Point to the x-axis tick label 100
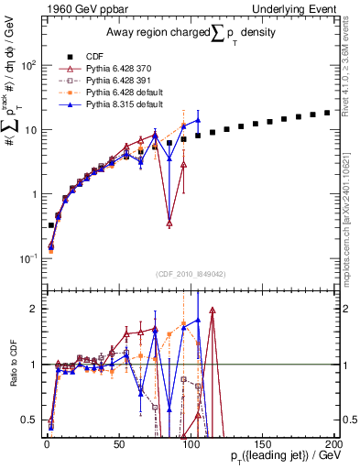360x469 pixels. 191,443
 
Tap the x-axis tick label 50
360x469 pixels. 119,443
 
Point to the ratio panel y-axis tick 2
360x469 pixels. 33,309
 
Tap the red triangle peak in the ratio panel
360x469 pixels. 213,311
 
